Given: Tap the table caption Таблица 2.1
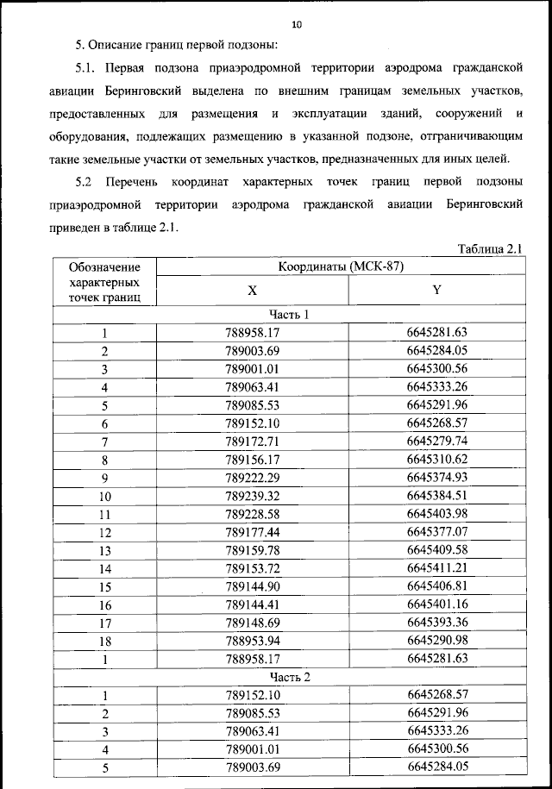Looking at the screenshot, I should click(490, 249).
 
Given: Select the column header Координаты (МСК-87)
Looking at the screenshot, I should click(340, 267).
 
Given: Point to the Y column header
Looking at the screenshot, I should click(436, 291).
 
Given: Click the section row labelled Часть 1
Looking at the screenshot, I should click(289, 315).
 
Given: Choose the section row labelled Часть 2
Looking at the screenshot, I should click(289, 676).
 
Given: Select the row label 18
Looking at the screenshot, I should click(104, 641).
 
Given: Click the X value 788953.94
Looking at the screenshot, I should click(253, 641).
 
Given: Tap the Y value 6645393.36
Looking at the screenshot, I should click(436, 622).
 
